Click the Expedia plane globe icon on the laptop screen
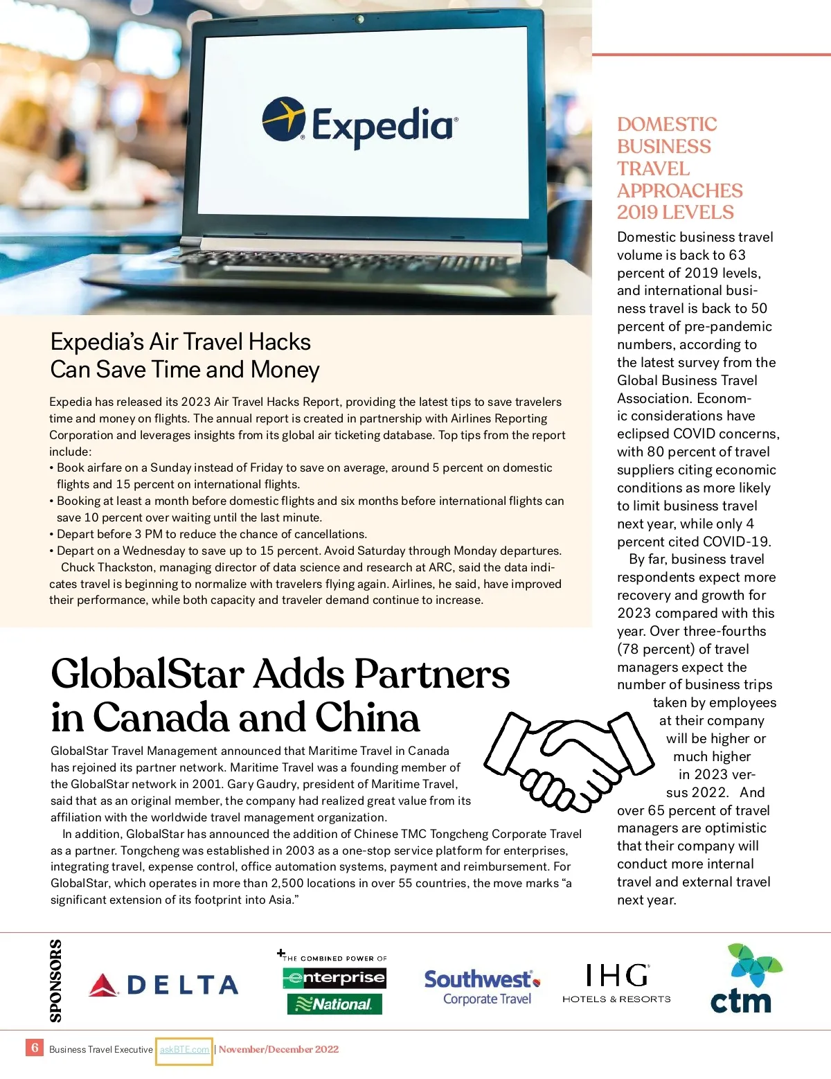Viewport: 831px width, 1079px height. pos(283,118)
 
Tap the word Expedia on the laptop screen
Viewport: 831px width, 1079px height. pos(383,125)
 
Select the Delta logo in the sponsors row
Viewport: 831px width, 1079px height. pos(163,985)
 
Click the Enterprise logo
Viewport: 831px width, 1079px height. pos(334,977)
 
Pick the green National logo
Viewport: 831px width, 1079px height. pos(334,1004)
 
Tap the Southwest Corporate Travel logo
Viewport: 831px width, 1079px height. pos(482,987)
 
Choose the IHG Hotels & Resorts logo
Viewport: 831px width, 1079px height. pos(616,983)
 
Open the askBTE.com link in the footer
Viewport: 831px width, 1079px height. pos(184,1049)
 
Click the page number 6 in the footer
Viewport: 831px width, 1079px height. pos(35,1048)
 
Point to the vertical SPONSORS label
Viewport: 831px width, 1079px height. pos(55,980)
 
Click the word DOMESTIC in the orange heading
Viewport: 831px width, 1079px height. pos(667,125)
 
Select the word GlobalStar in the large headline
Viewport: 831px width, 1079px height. pos(148,674)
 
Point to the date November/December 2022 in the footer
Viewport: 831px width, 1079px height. pos(278,1049)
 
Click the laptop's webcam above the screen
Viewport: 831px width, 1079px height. pos(360,17)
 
